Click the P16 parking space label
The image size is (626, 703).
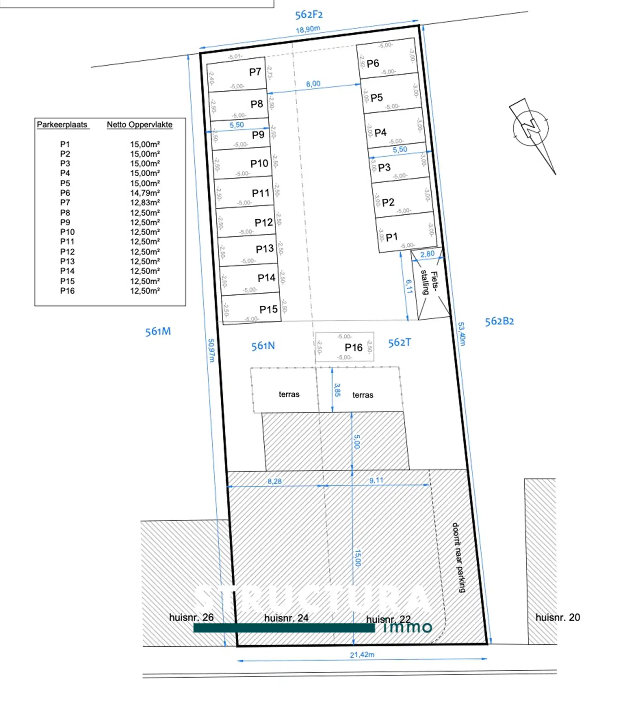click(353, 347)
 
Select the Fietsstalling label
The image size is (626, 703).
click(430, 283)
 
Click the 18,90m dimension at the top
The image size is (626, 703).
click(308, 29)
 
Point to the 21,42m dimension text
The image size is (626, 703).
click(362, 655)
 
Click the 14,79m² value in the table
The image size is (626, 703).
click(145, 193)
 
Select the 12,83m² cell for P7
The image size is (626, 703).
click(145, 203)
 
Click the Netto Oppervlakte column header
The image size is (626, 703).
click(139, 125)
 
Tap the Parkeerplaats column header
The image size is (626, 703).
click(62, 125)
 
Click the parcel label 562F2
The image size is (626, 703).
click(309, 15)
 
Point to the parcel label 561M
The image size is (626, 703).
click(158, 331)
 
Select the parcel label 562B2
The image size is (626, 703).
click(499, 321)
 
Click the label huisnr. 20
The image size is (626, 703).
click(558, 617)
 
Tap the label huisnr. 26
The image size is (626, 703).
click(191, 617)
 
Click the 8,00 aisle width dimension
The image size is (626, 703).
click(313, 84)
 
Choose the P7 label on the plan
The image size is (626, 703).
click(255, 72)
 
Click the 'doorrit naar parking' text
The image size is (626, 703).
click(459, 558)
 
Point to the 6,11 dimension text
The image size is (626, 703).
click(409, 286)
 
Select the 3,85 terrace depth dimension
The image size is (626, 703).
click(337, 390)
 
